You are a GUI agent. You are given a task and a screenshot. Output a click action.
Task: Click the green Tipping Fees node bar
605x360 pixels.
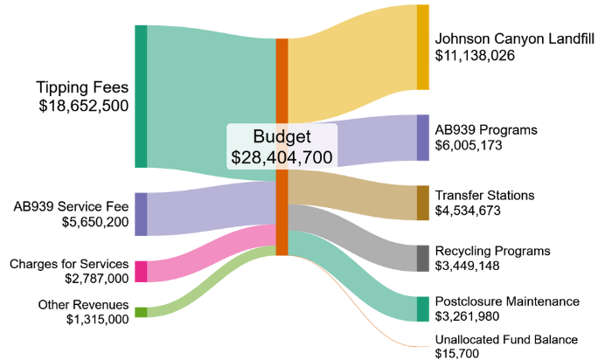141,96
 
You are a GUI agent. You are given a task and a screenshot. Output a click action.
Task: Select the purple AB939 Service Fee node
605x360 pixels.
141,214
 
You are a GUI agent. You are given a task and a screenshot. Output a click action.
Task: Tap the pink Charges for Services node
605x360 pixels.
141,271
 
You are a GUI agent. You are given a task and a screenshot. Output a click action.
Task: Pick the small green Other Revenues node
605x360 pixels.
141,312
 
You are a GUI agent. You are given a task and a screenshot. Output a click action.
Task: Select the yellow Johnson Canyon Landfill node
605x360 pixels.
423,47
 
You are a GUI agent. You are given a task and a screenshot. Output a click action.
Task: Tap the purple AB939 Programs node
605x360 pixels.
423,137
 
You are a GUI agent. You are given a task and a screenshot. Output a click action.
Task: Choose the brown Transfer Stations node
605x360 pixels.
423,203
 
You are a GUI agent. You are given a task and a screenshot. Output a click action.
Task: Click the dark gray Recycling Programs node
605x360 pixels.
423,259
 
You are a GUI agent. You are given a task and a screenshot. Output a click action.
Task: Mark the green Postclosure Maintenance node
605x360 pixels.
423,309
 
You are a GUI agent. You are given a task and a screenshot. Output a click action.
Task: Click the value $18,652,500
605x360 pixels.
84,106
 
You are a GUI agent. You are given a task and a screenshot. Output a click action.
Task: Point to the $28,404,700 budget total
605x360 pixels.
282,157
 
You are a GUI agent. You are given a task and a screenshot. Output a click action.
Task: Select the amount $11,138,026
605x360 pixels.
475,55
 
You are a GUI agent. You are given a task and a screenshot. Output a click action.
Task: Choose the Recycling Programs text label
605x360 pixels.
493,251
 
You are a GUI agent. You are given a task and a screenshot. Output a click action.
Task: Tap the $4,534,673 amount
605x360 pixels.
469,211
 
